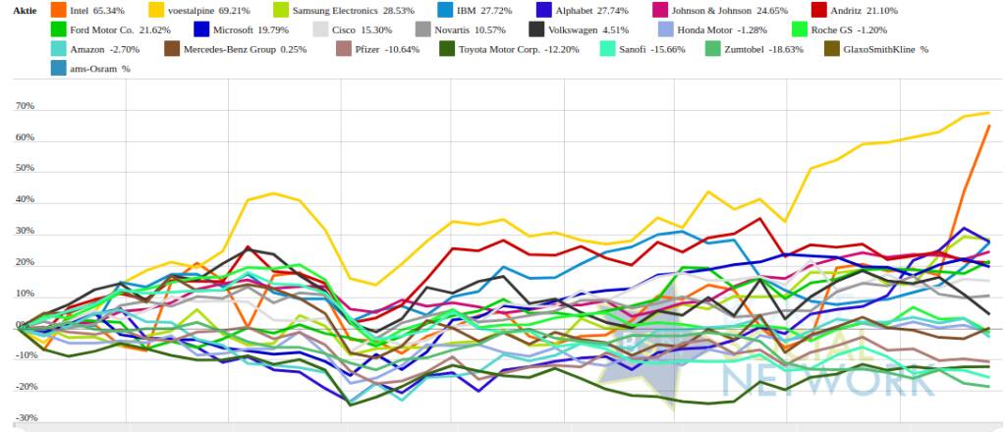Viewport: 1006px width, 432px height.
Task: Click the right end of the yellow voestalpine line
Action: (988, 112)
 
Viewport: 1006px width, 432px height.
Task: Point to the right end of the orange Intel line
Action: (988, 126)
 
